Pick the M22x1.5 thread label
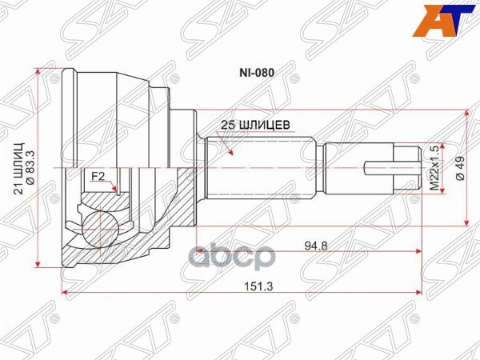435,168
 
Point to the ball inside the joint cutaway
102,222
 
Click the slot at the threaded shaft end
392,168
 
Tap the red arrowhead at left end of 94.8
194,250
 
